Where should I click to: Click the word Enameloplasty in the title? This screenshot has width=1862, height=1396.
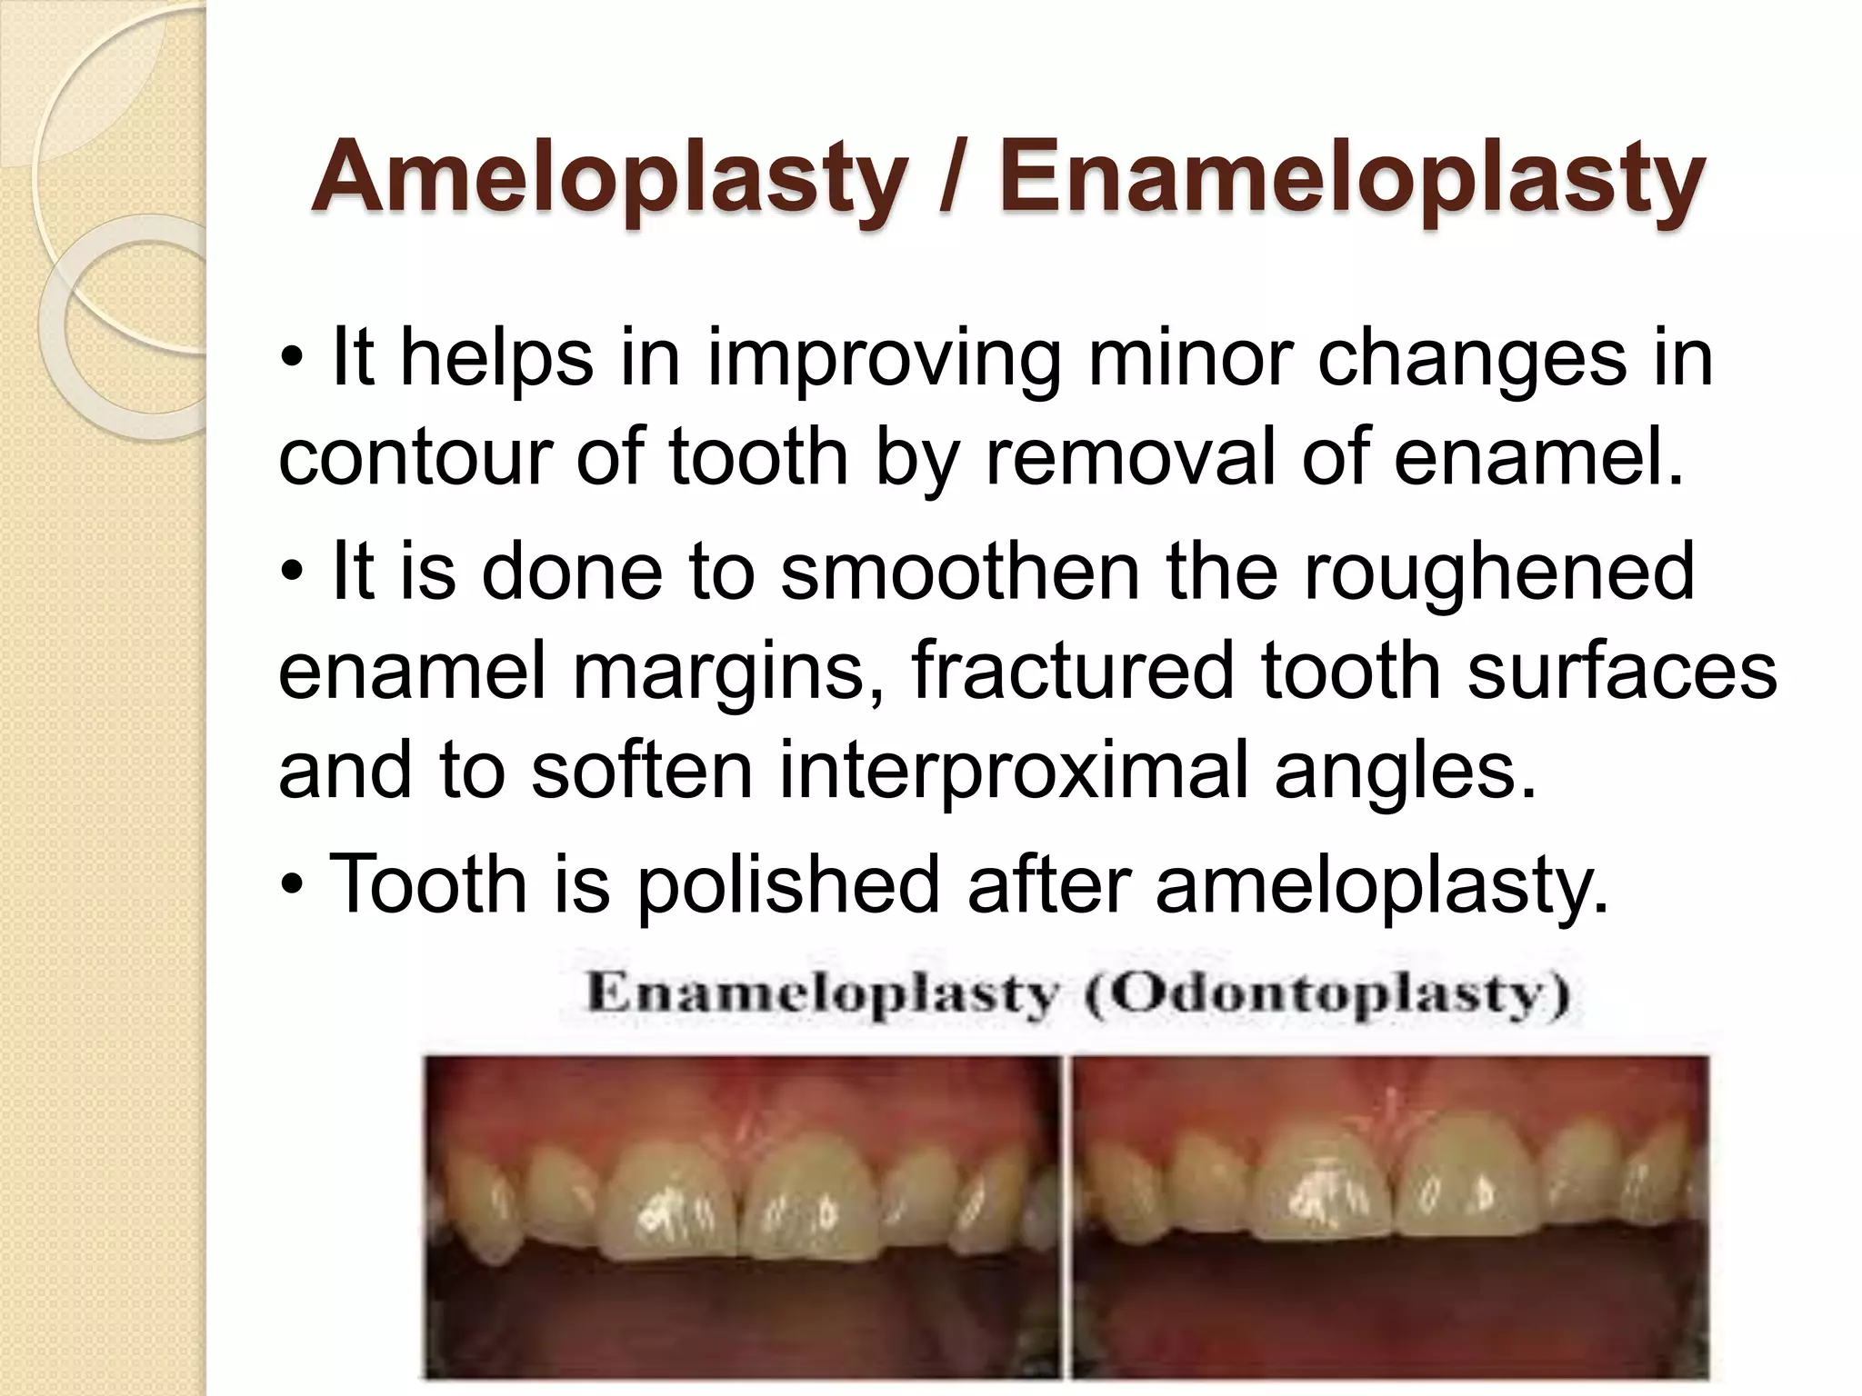(1350, 179)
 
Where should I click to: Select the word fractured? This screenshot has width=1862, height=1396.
(1073, 672)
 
